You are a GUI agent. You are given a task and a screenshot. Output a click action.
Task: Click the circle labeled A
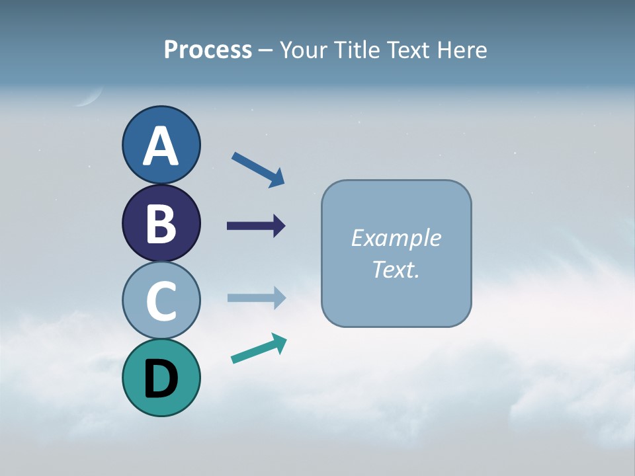pyautogui.click(x=161, y=145)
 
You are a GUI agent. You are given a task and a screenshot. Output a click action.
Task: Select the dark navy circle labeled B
pyautogui.click(x=161, y=223)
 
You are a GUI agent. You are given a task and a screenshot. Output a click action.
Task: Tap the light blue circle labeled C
pyautogui.click(x=161, y=300)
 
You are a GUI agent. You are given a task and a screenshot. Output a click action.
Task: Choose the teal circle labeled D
pyautogui.click(x=161, y=377)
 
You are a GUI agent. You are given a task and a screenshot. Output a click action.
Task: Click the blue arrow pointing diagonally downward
pyautogui.click(x=258, y=169)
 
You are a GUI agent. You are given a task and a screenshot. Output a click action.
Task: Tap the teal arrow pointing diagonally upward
pyautogui.click(x=259, y=348)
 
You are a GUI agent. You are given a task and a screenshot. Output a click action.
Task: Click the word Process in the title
pyautogui.click(x=208, y=50)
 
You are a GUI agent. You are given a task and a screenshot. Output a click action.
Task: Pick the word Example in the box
pyautogui.click(x=396, y=238)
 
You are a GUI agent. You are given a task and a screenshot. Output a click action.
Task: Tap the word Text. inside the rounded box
pyautogui.click(x=396, y=270)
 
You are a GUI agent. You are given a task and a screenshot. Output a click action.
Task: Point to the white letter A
pyautogui.click(x=161, y=146)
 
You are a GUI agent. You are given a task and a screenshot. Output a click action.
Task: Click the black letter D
pyautogui.click(x=161, y=378)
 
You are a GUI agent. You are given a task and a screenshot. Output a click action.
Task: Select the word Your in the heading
pyautogui.click(x=303, y=50)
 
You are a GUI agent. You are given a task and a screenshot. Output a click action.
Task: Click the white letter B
pyautogui.click(x=161, y=223)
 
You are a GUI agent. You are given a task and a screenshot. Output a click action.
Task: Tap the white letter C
pyautogui.click(x=161, y=301)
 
